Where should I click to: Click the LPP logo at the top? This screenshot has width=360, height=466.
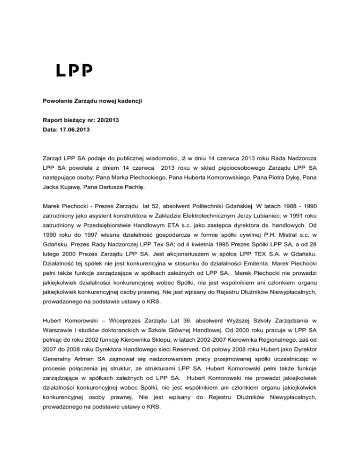[75, 71]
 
